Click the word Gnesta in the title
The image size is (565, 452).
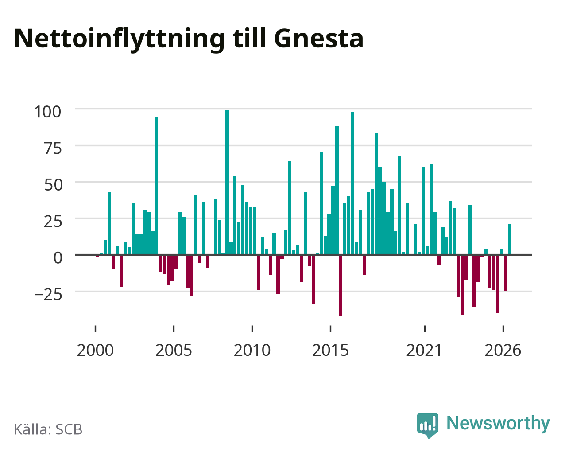point(319,39)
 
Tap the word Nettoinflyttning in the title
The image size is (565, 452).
point(119,39)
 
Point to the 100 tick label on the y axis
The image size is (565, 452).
point(48,112)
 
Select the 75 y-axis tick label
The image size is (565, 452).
point(53,148)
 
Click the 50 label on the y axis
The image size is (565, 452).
point(53,185)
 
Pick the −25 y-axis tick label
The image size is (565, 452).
point(49,295)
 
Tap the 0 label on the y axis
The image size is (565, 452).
point(58,258)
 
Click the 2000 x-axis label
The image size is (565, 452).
point(95,350)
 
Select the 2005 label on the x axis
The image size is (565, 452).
point(174,350)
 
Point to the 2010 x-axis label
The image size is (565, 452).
point(252,350)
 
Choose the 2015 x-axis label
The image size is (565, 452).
point(330,350)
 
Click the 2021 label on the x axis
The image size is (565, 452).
point(424,350)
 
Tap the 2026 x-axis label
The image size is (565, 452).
point(503,350)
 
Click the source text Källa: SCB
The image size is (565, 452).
point(48,430)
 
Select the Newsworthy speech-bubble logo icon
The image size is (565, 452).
point(428,425)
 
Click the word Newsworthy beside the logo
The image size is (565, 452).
point(498,424)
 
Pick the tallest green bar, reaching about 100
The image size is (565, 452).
point(227,183)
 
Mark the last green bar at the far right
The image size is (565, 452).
point(509,239)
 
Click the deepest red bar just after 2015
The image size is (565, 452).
point(341,285)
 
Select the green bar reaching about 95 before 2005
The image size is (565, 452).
point(156,186)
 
